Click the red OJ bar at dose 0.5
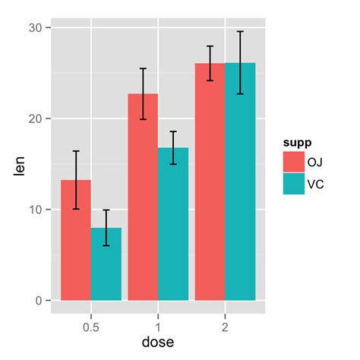click(x=76, y=243)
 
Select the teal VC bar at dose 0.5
click(x=106, y=266)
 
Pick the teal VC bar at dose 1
click(x=173, y=228)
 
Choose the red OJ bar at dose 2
click(x=210, y=182)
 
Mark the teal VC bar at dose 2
click(x=240, y=182)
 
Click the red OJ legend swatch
click(x=294, y=162)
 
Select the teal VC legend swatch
click(x=294, y=184)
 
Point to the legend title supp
click(x=296, y=142)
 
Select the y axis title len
click(x=20, y=164)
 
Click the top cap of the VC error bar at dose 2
click(x=240, y=32)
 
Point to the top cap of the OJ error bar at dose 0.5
click(x=76, y=151)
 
